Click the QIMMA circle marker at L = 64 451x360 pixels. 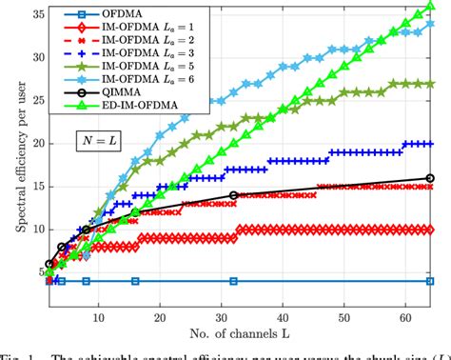coord(430,178)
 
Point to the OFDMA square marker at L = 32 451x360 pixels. coord(233,281)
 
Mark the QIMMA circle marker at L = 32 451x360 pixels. coord(233,195)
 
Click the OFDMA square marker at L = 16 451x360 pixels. coord(135,281)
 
